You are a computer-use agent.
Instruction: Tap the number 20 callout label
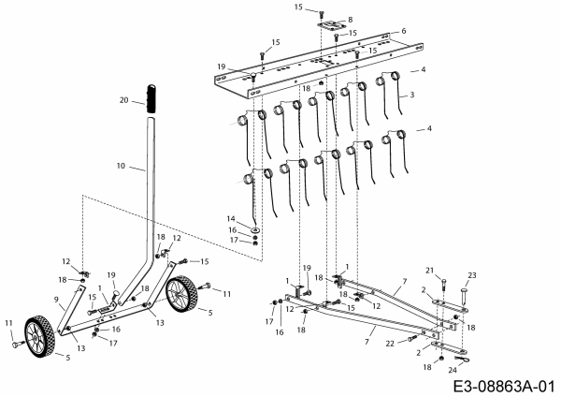tap(123, 99)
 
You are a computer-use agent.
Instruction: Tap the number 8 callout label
tap(351, 19)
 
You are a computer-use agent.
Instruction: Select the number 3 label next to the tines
tap(410, 96)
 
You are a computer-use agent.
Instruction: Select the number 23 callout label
tap(471, 275)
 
